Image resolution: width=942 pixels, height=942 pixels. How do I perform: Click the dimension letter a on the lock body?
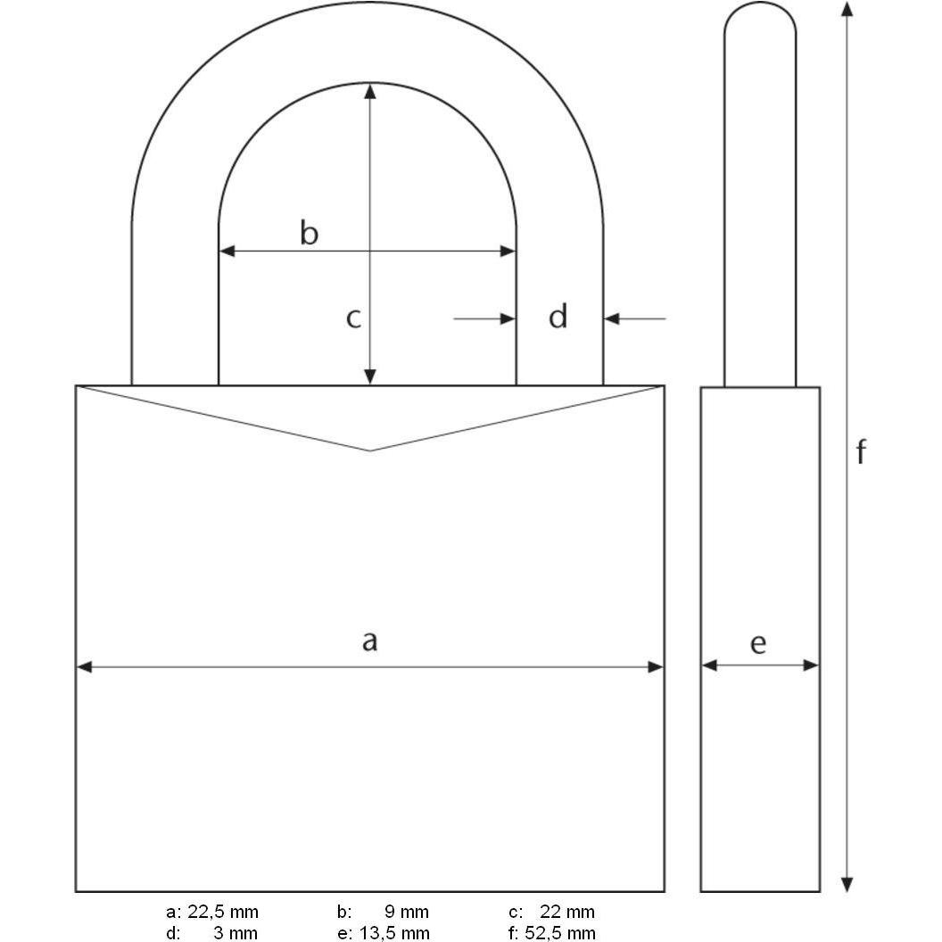click(x=369, y=640)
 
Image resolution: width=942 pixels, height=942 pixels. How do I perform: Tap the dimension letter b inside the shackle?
click(x=308, y=234)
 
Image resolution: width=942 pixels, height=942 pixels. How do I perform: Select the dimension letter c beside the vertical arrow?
click(x=353, y=318)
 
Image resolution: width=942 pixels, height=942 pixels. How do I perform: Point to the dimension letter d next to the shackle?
click(x=558, y=317)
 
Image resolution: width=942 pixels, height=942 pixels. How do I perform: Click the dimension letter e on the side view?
click(x=758, y=643)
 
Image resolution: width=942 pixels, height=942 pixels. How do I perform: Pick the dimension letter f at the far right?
click(x=861, y=453)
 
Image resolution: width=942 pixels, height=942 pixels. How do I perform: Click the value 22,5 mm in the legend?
click(x=223, y=912)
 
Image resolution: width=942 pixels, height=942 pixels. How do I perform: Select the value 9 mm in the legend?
click(x=407, y=912)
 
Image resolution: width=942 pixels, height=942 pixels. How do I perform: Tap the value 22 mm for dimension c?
click(x=566, y=912)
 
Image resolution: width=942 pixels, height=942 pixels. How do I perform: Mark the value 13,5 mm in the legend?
click(x=396, y=933)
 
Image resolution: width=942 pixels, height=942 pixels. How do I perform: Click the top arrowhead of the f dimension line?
click(x=847, y=9)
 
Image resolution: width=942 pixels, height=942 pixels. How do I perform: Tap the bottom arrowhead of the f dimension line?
click(x=847, y=884)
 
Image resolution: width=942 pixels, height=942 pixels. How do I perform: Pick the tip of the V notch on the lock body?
click(x=370, y=450)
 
